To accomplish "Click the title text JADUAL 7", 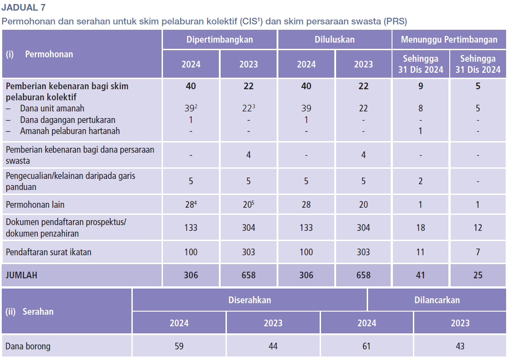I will click(x=23, y=7).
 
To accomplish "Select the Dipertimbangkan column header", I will click(x=219, y=40).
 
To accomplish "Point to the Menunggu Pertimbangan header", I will click(x=449, y=40).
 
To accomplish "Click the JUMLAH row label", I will click(x=21, y=275).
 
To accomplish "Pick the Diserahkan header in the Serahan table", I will click(x=250, y=300).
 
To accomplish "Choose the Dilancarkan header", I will click(x=437, y=300).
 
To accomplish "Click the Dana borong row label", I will click(x=28, y=346).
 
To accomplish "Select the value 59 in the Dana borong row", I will click(x=179, y=346).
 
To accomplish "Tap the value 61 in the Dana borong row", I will click(x=366, y=346).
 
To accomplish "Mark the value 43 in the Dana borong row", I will click(x=460, y=346).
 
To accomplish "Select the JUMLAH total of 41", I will click(x=420, y=275).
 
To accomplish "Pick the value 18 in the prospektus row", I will click(x=420, y=228).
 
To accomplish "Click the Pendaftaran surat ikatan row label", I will click(x=48, y=252).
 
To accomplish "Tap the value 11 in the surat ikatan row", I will click(x=420, y=252).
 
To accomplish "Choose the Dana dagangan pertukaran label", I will click(x=67, y=120).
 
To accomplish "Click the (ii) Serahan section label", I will click(x=29, y=312).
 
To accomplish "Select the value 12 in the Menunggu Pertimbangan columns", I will click(x=478, y=228).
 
